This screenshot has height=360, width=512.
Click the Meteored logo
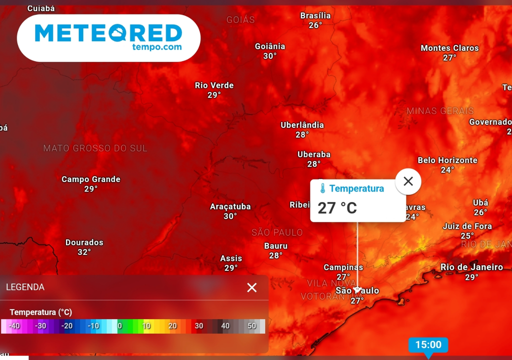coord(108,37)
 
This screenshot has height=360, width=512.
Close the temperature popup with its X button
coord(408,181)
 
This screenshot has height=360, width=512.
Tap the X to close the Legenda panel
coord(252,287)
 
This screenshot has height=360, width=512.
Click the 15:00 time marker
coord(428,344)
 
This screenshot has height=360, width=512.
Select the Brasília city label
coord(315,15)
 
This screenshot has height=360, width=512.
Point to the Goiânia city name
coord(270,46)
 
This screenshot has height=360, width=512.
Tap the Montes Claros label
coord(449,48)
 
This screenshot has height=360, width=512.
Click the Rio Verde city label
coord(214,85)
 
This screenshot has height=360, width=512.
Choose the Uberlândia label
coord(302,124)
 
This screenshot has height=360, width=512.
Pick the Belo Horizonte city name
coord(447,160)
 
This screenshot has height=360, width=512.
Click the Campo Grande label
coord(91,179)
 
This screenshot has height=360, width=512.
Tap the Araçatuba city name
coord(230,206)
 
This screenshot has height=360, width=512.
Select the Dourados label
coord(84,242)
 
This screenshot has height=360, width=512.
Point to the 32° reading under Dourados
coord(84,252)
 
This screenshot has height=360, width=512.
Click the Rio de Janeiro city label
coord(471,267)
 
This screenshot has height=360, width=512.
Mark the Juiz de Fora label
coord(467,226)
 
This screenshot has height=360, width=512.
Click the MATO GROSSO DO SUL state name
coord(95,148)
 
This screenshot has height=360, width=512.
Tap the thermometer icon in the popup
coord(322,188)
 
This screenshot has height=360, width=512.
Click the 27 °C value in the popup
coord(337,207)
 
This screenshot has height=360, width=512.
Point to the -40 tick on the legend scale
coord(14,326)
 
